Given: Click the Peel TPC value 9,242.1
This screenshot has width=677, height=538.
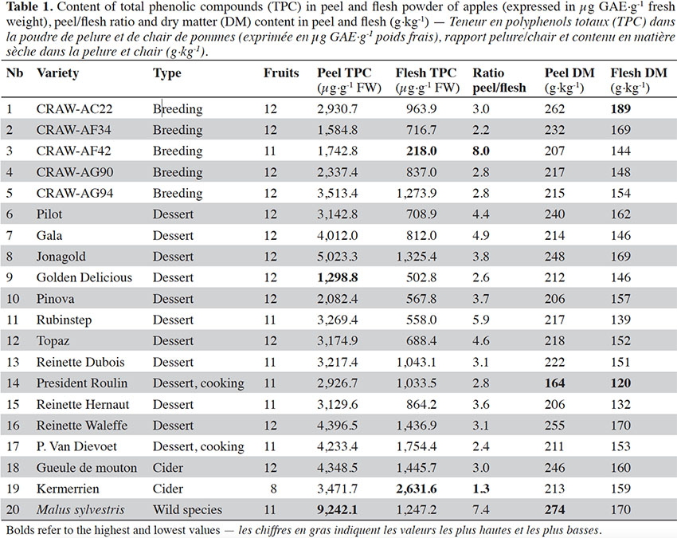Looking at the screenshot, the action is [337, 510].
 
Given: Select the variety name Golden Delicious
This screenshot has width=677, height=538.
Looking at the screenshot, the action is [84, 277].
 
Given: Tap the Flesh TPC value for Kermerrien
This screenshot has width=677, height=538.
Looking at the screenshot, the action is [417, 489].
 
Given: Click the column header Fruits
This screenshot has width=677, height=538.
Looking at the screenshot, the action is [281, 73].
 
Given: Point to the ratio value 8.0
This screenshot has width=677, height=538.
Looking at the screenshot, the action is [481, 151].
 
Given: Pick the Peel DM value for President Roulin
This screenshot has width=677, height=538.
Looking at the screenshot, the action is [555, 383].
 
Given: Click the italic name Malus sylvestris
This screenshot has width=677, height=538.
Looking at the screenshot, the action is [80, 510].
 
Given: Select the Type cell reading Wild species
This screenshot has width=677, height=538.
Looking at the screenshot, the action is [187, 510].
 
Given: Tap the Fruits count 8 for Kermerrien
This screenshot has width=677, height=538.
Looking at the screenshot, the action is [273, 489].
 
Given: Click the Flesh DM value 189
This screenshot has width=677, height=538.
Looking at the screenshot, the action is [620, 109].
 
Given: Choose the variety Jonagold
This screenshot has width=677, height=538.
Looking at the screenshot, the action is [61, 257].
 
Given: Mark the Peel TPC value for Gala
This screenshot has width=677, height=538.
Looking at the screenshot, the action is [337, 235].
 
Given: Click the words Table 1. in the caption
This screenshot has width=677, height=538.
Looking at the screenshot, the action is [29, 7].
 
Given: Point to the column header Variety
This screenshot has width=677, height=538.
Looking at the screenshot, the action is [58, 73].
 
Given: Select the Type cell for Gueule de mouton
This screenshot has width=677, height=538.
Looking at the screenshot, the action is [168, 468].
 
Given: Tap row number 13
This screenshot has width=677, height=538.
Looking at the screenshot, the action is [13, 362].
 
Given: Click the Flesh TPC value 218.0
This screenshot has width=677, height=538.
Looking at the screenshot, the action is [421, 151].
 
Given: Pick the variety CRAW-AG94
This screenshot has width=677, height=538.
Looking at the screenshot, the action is [75, 193].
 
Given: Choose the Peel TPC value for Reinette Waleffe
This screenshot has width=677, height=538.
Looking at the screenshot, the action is [337, 426].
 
